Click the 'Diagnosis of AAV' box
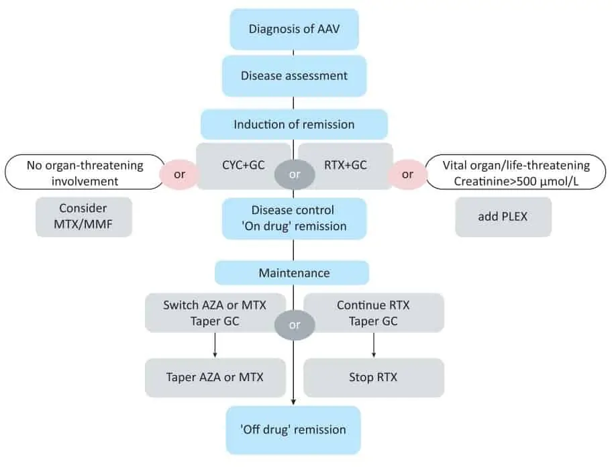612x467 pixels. coord(295,30)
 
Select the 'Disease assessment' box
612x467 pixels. coord(295,76)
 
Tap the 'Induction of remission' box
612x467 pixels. coord(295,124)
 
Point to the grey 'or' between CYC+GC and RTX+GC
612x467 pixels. coord(295,174)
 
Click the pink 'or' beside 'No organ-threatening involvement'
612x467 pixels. coord(180,174)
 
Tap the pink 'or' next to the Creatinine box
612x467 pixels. coord(407,174)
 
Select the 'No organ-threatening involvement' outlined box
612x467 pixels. coord(85,172)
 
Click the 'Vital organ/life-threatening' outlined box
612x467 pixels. coord(515,172)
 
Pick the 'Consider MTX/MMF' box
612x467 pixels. coord(83,217)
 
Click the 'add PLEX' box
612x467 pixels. coord(503,217)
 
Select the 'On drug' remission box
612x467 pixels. coord(295,219)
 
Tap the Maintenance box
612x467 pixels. coord(292,272)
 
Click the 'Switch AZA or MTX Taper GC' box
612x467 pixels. coord(215,313)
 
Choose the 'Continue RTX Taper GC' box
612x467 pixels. coord(374,313)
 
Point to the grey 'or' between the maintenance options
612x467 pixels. coord(295,325)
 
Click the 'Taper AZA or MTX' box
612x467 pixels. coord(215,378)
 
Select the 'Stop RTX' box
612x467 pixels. coord(374,378)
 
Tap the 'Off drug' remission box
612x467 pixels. coord(293,430)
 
